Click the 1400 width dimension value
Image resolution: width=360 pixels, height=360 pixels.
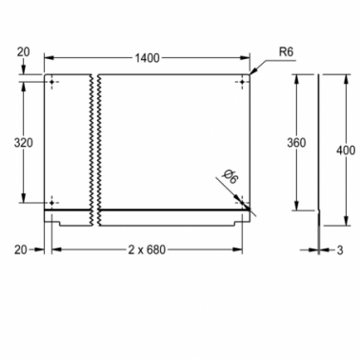click(147, 58)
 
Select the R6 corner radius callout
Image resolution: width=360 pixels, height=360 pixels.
click(286, 51)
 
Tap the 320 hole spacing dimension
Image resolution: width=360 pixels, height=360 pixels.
click(23, 143)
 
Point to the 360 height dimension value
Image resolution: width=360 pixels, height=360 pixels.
click(296, 143)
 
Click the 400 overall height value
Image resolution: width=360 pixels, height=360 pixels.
click(346, 150)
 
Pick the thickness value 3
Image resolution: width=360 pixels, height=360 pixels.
click(340, 250)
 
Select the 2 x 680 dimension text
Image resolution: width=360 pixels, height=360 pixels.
click(147, 250)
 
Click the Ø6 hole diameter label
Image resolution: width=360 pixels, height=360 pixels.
click(230, 176)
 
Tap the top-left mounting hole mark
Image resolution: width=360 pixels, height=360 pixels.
click(52, 82)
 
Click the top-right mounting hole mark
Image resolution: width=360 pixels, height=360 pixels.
click(242, 82)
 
